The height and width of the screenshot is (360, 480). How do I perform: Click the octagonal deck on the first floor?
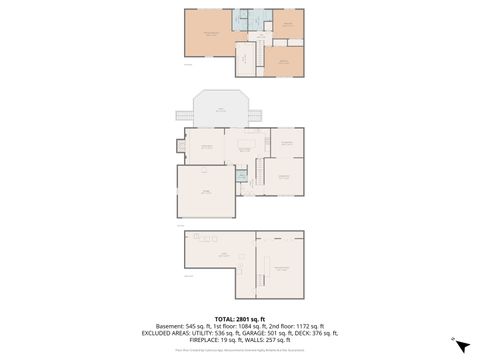[x=219, y=108]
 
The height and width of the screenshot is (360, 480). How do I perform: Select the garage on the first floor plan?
[x=205, y=191]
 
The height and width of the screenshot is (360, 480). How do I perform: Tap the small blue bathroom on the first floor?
[x=241, y=177]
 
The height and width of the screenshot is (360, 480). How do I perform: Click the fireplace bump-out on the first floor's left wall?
[x=180, y=146]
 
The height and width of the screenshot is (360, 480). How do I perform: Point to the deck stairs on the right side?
[x=257, y=115]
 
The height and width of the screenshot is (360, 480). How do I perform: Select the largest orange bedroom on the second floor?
[x=209, y=33]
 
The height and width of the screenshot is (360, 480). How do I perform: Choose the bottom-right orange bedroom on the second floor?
[x=283, y=61]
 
